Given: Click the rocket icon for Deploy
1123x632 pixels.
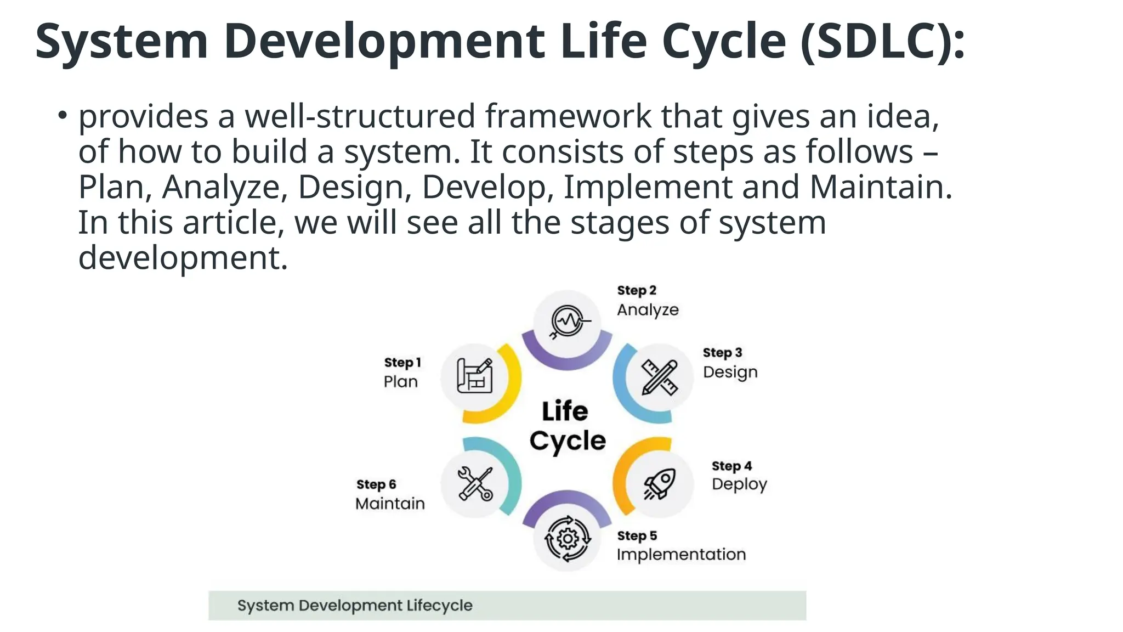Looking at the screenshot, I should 660,483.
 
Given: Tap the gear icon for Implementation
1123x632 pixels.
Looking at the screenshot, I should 568,539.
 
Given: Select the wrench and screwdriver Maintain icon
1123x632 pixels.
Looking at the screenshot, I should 475,483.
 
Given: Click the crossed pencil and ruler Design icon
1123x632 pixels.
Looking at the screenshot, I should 660,377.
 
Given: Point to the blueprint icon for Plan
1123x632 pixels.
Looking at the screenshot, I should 475,376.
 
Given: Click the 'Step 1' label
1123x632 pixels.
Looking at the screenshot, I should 402,363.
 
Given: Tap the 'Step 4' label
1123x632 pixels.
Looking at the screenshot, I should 731,466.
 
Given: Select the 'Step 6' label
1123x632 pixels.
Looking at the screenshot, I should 376,484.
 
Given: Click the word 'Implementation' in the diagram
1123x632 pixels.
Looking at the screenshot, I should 681,554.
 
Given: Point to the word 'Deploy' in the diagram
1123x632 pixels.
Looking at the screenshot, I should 739,484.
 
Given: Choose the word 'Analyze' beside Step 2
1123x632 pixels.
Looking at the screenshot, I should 648,310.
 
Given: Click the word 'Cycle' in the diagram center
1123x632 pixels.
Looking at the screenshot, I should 568,441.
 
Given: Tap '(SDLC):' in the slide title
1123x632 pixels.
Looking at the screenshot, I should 882,41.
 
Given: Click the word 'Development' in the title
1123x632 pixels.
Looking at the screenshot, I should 384,41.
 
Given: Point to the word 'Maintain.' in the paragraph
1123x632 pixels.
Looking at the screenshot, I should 881,187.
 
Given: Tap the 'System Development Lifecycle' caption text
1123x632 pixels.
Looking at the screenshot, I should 355,606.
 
